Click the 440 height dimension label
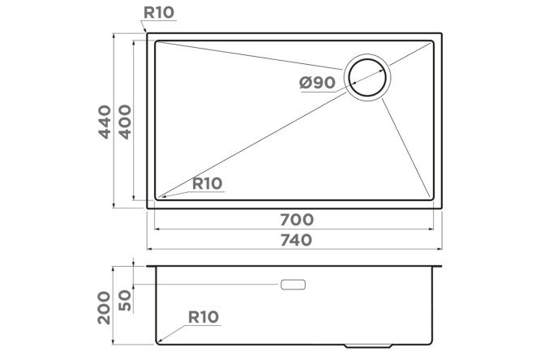tap(105, 122)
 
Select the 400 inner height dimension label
tap(125, 122)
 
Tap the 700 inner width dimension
tap(297, 220)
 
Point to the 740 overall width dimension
tap(297, 240)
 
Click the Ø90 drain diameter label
tap(317, 83)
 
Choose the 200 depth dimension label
tap(105, 307)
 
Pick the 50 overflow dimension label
tap(125, 300)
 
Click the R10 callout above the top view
tap(159, 12)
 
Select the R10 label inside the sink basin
tap(207, 183)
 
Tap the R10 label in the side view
tap(204, 317)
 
